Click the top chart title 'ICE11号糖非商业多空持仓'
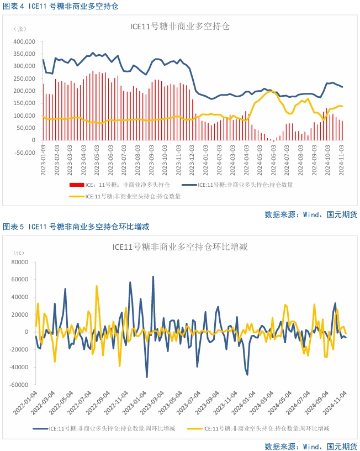pyautogui.click(x=179, y=26)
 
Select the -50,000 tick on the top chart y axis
pyautogui.click(x=24, y=153)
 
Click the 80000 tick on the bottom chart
pyautogui.click(x=20, y=262)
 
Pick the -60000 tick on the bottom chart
pyautogui.click(x=19, y=385)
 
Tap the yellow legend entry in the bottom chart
pyautogui.click(x=260, y=428)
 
